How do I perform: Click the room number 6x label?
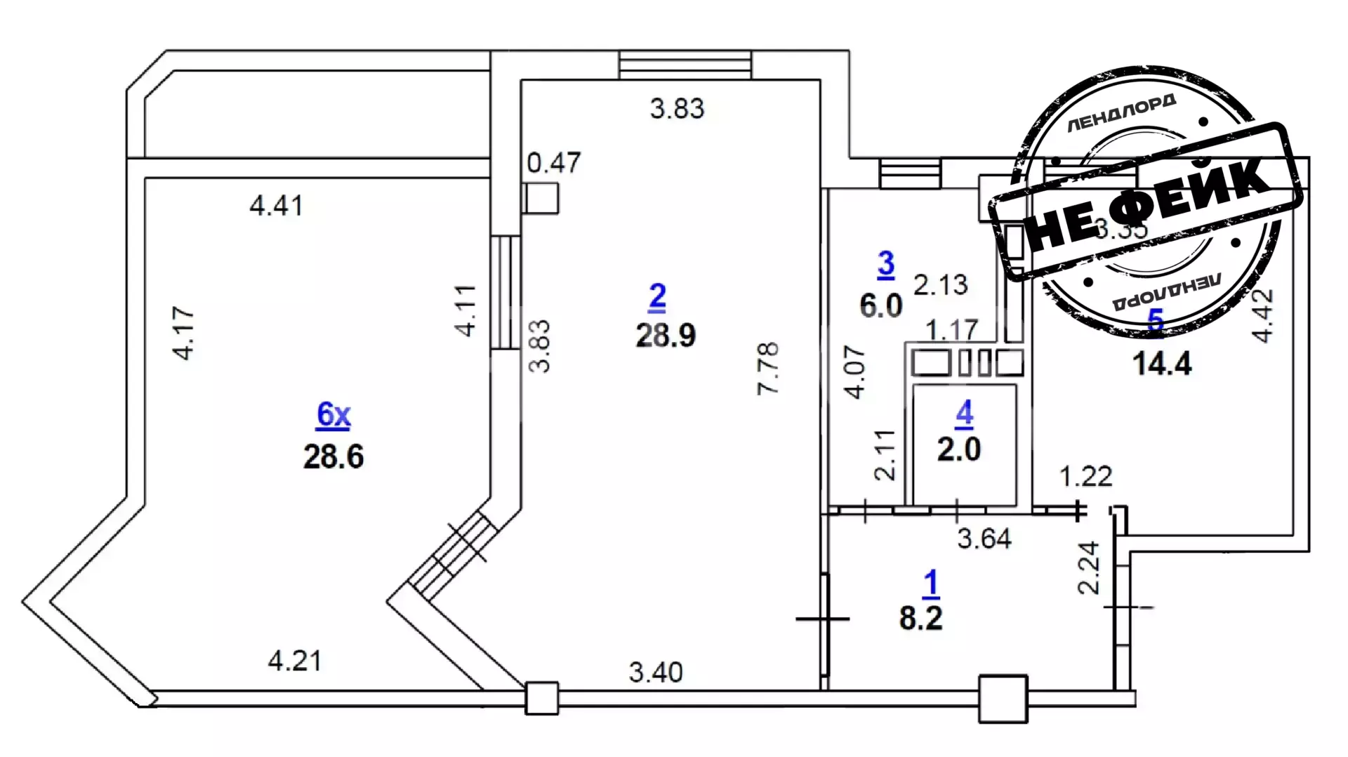coord(333,414)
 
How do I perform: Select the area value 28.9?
coord(666,336)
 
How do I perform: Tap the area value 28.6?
coord(333,457)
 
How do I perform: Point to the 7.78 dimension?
coord(768,368)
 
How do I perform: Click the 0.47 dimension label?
coord(554,163)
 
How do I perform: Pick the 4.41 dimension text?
coord(277,206)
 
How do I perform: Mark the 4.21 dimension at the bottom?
coord(295,661)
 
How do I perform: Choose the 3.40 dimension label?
coord(655,673)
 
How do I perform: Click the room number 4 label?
coord(964,414)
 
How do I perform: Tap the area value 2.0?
coord(959,449)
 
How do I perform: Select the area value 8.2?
coord(920,619)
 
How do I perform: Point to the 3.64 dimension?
coord(984,539)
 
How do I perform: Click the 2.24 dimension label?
coord(1088,567)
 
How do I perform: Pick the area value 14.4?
coord(1162,364)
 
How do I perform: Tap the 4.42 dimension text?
coord(1262,315)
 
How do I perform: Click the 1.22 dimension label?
coord(1085,477)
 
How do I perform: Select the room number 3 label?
coord(886,264)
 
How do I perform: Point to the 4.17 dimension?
coord(183,333)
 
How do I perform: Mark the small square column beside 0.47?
coord(541,199)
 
